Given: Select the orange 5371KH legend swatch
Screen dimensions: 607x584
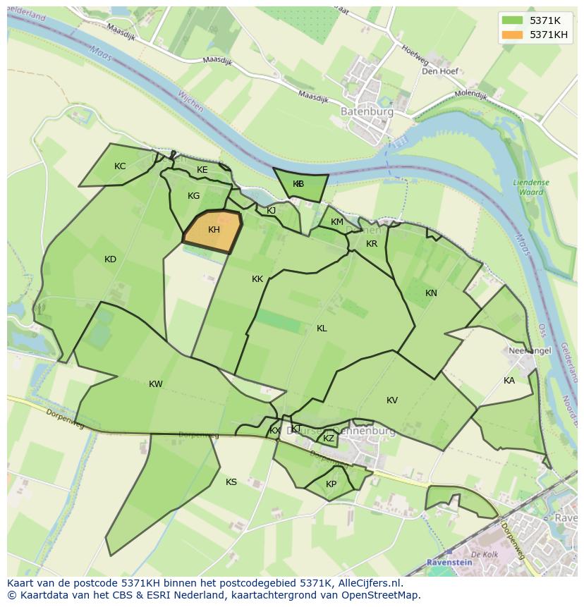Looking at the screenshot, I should (513, 35).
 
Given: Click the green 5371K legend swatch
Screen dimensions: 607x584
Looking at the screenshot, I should (513, 20).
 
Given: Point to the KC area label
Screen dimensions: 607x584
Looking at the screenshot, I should (120, 166).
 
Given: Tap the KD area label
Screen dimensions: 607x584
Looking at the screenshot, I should (110, 259).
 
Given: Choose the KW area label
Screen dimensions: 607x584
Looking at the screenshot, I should (156, 384).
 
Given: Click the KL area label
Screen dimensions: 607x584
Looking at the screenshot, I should (322, 329).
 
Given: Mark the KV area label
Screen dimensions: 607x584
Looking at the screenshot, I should (392, 400).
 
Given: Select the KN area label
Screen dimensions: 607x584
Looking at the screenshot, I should (431, 293).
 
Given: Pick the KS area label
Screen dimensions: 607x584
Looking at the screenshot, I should (231, 482).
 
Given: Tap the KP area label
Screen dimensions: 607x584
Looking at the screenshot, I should (331, 484).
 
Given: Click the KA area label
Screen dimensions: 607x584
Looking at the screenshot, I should (509, 381).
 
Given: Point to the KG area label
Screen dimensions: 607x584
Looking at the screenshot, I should (194, 196).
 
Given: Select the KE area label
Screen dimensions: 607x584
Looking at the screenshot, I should (202, 170).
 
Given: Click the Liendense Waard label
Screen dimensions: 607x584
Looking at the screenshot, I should (531, 187).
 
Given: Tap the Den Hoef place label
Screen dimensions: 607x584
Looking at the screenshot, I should (440, 71).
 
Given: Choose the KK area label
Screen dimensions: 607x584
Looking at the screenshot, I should (257, 279).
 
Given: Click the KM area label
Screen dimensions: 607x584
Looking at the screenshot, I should (337, 222).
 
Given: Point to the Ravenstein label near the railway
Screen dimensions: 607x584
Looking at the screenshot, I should (450, 563).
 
